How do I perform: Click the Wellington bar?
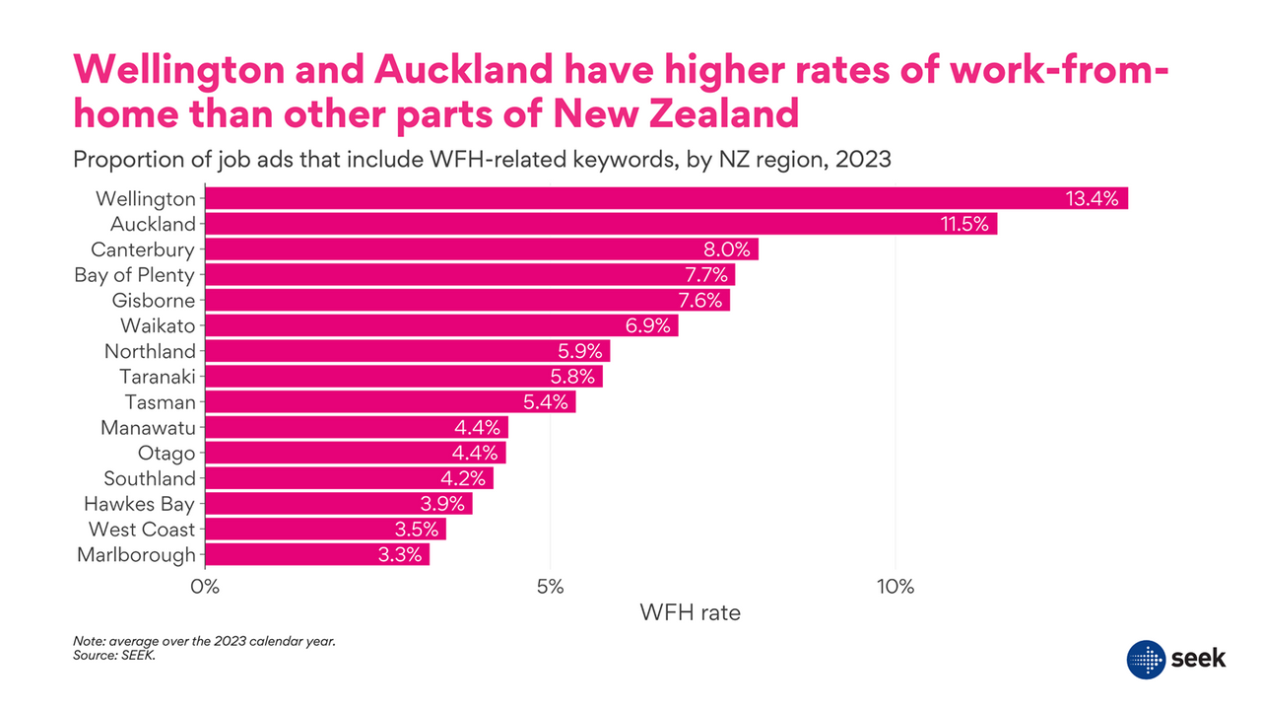(x=630, y=198)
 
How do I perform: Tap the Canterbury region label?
(x=143, y=249)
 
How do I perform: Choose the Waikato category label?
(x=158, y=325)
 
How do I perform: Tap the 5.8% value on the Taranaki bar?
(x=572, y=377)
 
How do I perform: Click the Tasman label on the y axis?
(x=160, y=402)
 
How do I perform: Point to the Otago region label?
(x=166, y=454)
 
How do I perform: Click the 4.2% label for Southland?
(x=463, y=479)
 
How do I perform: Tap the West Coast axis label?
(x=142, y=530)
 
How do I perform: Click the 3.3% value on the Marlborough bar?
(x=400, y=555)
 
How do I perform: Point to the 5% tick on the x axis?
(x=550, y=587)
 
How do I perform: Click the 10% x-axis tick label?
(x=895, y=587)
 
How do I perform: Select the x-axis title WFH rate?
(x=690, y=612)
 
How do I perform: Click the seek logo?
(x=1176, y=658)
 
